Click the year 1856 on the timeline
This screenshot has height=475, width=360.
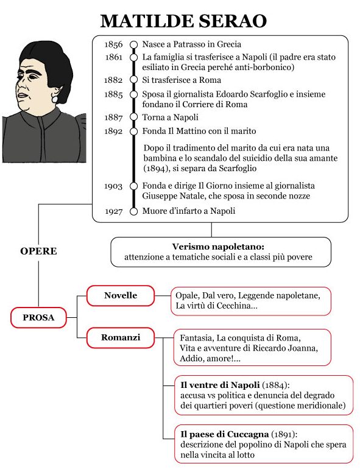point(113,44)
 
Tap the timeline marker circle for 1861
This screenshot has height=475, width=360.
point(133,57)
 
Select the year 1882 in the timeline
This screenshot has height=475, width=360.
point(113,80)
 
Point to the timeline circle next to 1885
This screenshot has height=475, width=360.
point(133,94)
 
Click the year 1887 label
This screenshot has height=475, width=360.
point(113,118)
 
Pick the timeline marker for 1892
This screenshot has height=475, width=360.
point(133,131)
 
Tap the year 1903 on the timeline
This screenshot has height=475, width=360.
point(113,186)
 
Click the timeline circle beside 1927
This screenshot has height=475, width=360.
point(133,211)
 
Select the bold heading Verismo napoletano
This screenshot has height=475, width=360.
point(221,247)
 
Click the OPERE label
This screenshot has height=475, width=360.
point(38,251)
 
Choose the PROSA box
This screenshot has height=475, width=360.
point(38,317)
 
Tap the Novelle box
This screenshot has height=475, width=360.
point(121,296)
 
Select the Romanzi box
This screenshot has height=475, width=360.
point(121,336)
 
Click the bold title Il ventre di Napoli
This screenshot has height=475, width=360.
point(220,385)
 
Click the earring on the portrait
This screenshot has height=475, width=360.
point(54,97)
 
